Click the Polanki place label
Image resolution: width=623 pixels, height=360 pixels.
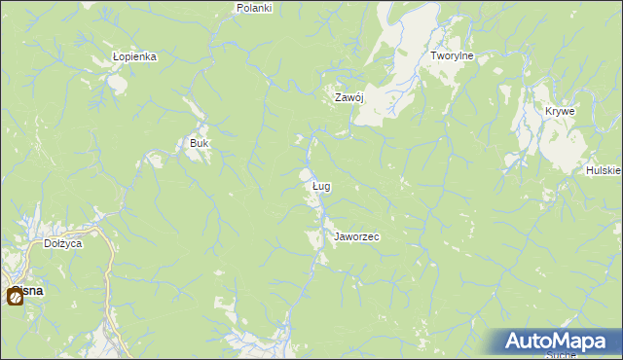click(x=255, y=7)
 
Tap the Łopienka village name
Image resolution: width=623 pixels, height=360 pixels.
click(x=134, y=56)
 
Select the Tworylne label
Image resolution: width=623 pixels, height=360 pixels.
click(x=452, y=55)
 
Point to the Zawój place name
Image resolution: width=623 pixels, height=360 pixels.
click(x=348, y=97)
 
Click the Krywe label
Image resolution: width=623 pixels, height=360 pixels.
click(x=560, y=111)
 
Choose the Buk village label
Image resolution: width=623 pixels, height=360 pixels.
click(x=199, y=143)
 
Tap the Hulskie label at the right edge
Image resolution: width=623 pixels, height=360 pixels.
click(x=604, y=170)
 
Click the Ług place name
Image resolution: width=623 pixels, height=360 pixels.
click(x=321, y=185)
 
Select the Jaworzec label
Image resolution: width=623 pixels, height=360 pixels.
click(x=356, y=236)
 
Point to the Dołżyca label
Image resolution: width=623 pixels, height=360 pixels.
click(x=63, y=243)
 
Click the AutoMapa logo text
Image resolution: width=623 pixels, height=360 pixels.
click(x=555, y=342)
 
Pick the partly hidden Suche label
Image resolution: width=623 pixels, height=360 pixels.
click(x=563, y=355)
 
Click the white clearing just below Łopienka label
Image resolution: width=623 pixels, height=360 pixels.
click(x=117, y=83)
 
